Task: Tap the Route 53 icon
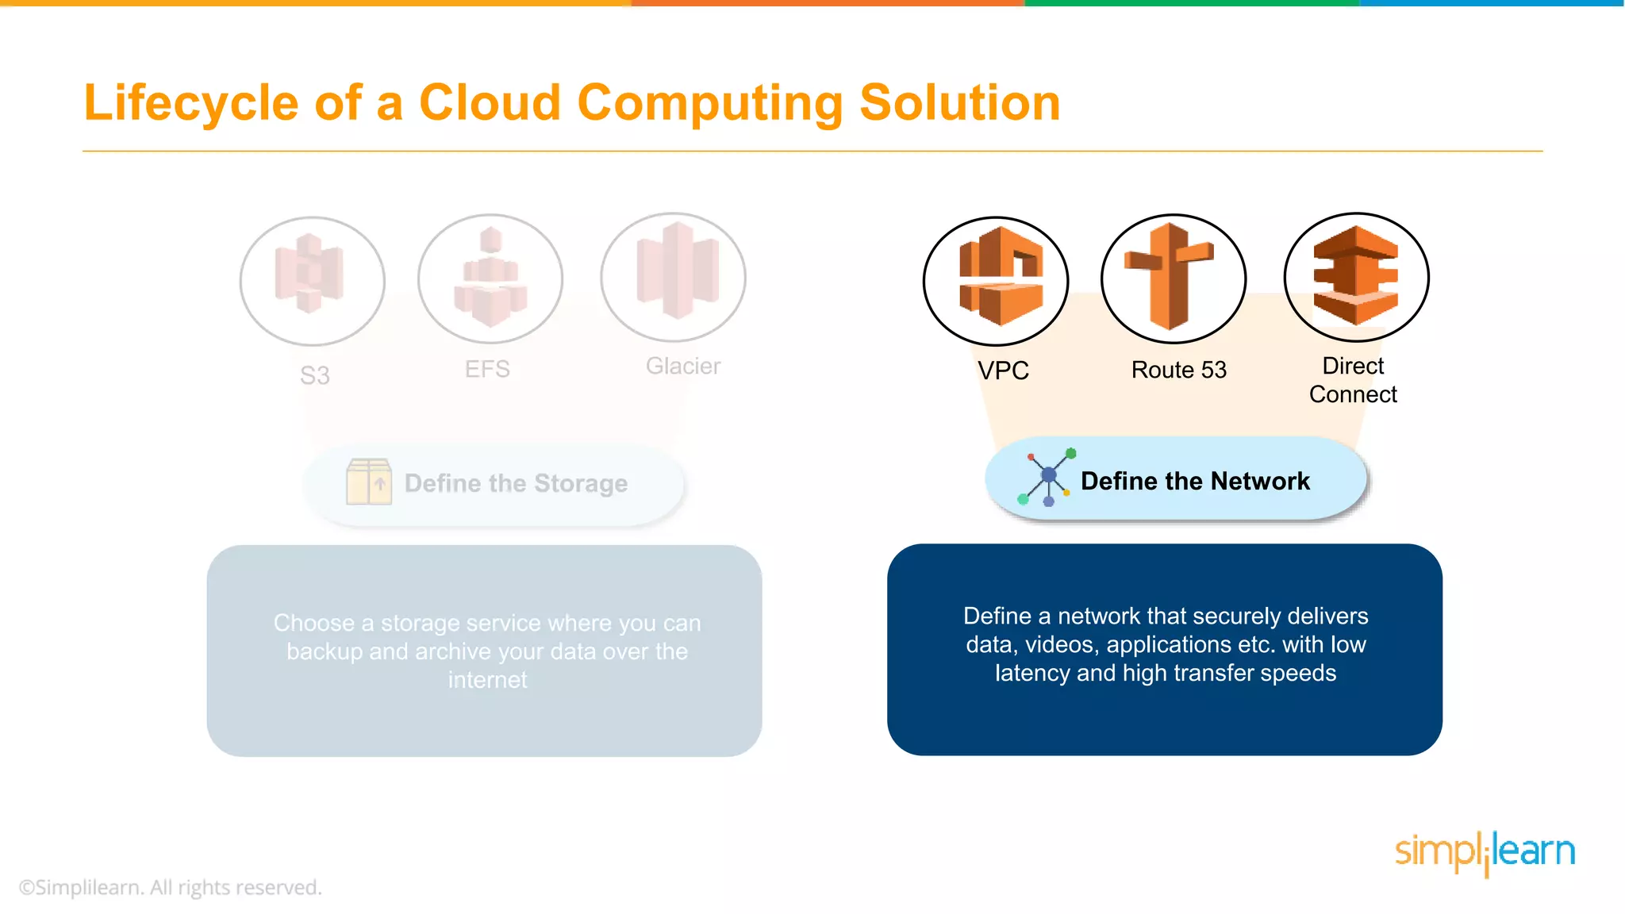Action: (1173, 278)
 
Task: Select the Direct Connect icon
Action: (1356, 277)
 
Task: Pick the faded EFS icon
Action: (490, 278)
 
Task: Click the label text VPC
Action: (1003, 371)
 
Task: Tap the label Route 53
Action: (1178, 370)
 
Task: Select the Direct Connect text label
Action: (1353, 380)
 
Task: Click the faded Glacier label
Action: (683, 366)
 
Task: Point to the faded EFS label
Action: (487, 369)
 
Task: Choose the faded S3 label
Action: (315, 375)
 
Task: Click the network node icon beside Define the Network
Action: (1047, 477)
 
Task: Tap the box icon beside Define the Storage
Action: (369, 482)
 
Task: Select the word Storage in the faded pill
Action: (581, 483)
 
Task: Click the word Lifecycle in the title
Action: (191, 103)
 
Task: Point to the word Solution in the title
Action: (960, 103)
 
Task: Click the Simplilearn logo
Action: (1485, 853)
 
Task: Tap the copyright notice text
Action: (171, 887)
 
